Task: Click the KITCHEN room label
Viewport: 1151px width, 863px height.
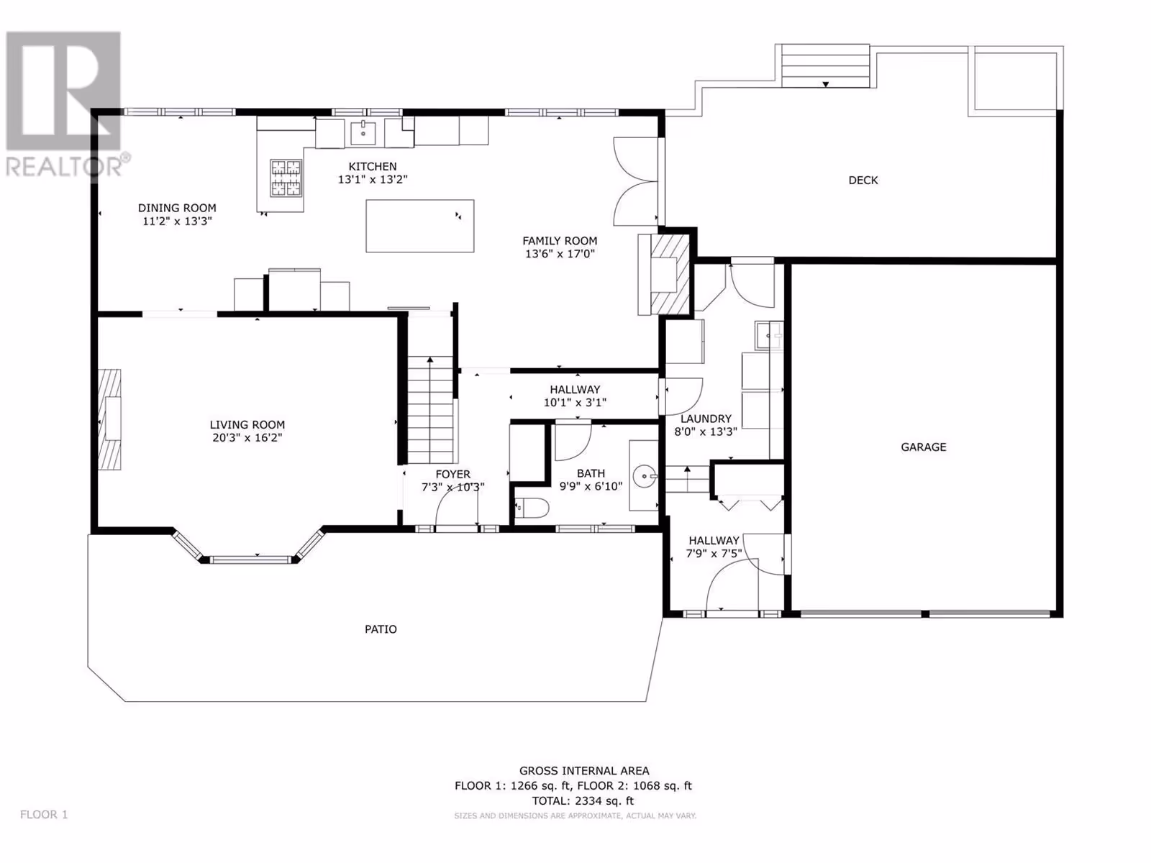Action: point(373,167)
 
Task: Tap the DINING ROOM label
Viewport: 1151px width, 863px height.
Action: point(177,208)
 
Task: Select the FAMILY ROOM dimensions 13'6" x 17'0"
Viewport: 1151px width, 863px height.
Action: point(560,254)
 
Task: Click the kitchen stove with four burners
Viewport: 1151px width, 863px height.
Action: point(286,178)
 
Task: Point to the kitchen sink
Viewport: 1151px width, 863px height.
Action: point(363,132)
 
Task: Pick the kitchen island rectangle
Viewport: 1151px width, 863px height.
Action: point(420,226)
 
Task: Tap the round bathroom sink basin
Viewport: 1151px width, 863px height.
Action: point(645,476)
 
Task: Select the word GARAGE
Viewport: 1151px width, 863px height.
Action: point(924,447)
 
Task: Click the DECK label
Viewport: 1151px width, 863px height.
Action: point(863,181)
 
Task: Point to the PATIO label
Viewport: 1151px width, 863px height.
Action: point(381,629)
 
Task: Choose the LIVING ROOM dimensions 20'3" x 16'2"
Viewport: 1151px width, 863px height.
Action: point(247,438)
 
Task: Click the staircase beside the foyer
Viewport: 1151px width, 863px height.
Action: point(430,410)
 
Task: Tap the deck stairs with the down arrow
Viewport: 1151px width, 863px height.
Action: point(825,66)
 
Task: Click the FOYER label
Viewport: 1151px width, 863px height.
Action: point(453,474)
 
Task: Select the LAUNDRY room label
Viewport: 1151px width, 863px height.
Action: point(706,419)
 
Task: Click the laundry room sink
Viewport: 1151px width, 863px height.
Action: point(769,335)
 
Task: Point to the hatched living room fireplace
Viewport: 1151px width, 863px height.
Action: point(109,419)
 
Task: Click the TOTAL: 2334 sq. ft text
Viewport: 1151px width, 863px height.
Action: point(583,800)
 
